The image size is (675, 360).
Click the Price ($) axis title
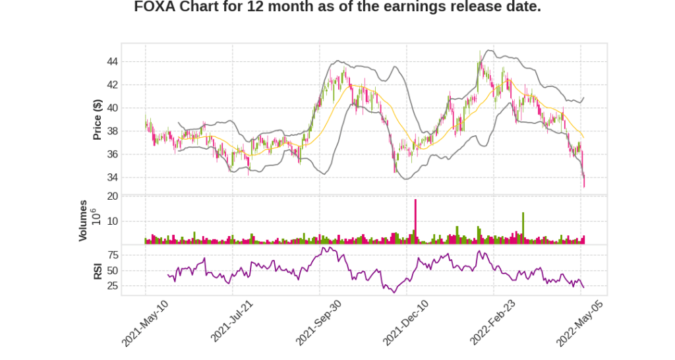click(x=97, y=119)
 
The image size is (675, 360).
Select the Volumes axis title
click(x=83, y=220)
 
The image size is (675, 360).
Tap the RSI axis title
click(x=97, y=271)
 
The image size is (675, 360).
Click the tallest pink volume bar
click(x=415, y=222)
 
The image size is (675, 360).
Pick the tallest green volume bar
click(x=523, y=228)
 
